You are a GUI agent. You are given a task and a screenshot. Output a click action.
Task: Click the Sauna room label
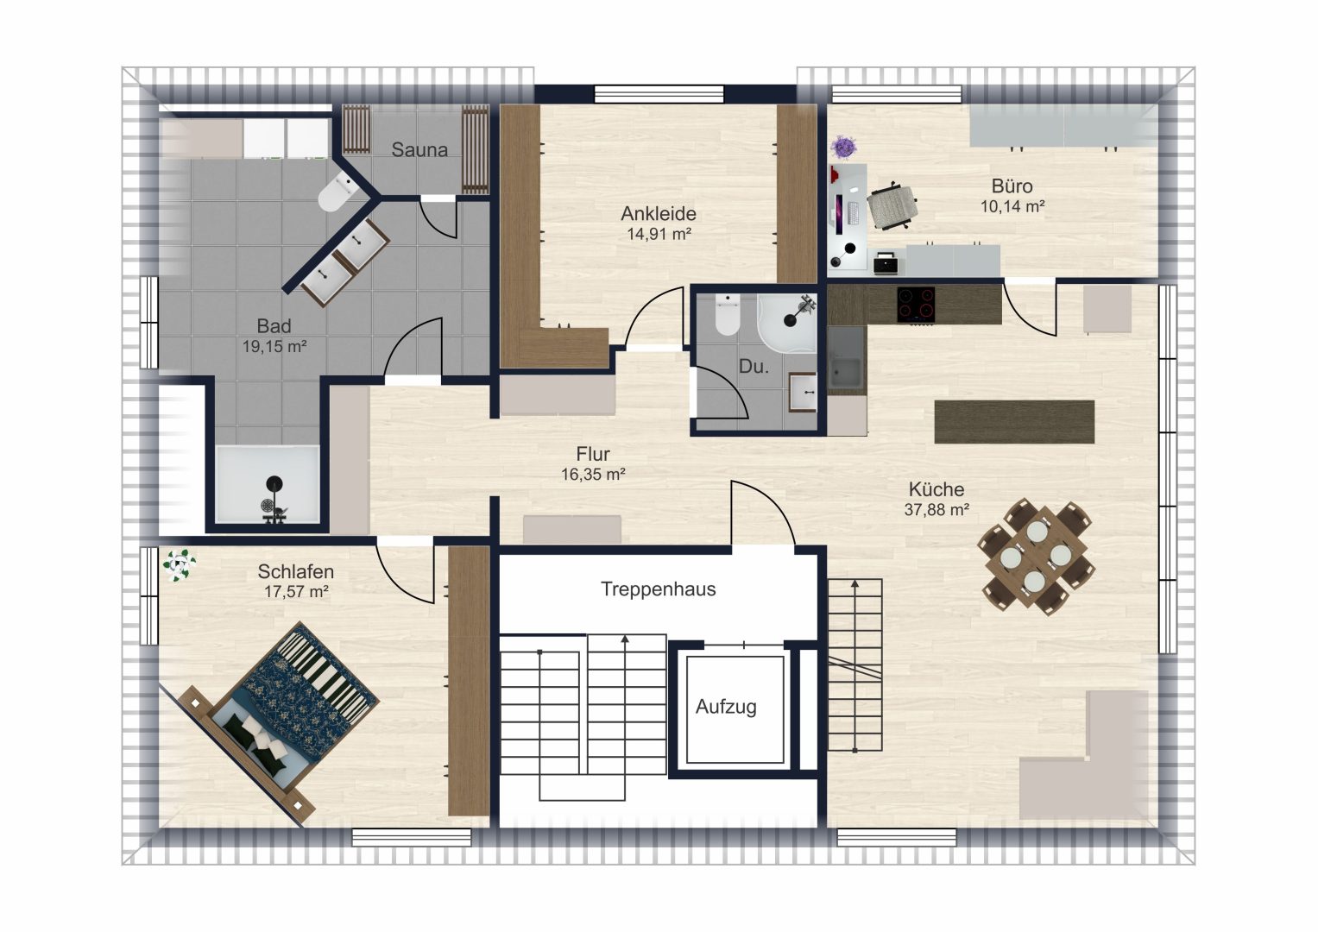[x=419, y=149]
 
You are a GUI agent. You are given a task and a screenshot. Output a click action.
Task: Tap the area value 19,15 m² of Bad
[x=274, y=347]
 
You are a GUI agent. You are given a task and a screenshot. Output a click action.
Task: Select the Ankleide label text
[x=659, y=213]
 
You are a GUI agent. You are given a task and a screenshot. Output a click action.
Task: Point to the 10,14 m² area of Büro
[x=1012, y=206]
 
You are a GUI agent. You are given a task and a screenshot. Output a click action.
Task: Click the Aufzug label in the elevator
[x=726, y=707]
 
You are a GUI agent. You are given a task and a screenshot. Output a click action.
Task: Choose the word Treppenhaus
[x=658, y=589]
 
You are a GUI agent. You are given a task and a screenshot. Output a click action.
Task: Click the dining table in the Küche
[x=1036, y=557]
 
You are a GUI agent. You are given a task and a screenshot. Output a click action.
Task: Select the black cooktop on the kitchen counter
[x=916, y=304]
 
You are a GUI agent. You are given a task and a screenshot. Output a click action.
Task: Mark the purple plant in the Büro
[x=844, y=147]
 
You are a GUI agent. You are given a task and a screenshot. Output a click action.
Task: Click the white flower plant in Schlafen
[x=179, y=565]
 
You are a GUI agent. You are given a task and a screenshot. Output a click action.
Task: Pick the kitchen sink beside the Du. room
[x=846, y=361]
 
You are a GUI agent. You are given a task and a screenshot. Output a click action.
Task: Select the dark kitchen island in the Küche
[x=1014, y=421]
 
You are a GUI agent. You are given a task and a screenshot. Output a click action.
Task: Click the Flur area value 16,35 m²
[x=592, y=475]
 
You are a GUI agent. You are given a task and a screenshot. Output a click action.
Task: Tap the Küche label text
[x=936, y=489]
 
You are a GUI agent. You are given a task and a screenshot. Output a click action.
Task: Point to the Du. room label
[x=754, y=367]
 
